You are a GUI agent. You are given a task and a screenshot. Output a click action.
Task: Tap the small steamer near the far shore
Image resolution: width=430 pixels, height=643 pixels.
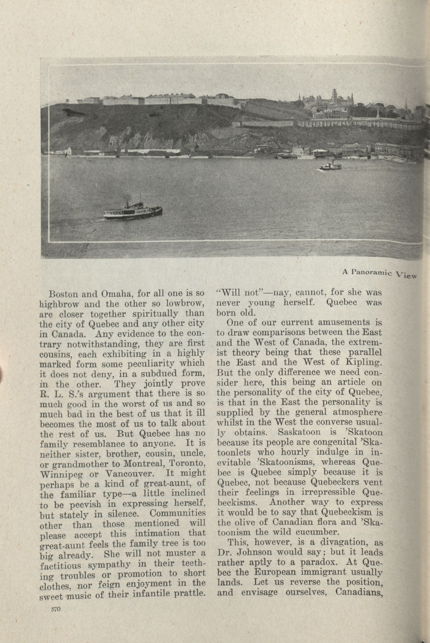(x=331, y=165)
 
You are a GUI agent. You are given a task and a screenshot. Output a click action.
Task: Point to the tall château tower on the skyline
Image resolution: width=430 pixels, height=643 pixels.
(x=334, y=96)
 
